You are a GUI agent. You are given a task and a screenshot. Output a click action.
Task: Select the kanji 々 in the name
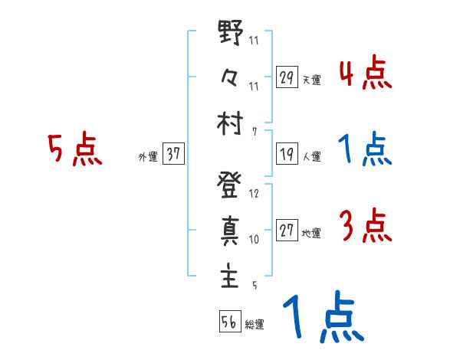230,80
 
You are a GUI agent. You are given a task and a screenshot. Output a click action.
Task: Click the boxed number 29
287,78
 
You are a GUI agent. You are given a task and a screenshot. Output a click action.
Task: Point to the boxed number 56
228,322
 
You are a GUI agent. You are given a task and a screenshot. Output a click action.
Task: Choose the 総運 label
254,324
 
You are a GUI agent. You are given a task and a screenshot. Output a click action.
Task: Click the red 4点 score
364,75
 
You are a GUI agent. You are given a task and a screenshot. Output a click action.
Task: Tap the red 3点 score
364,227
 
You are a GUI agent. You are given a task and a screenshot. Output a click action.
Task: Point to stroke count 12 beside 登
255,194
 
